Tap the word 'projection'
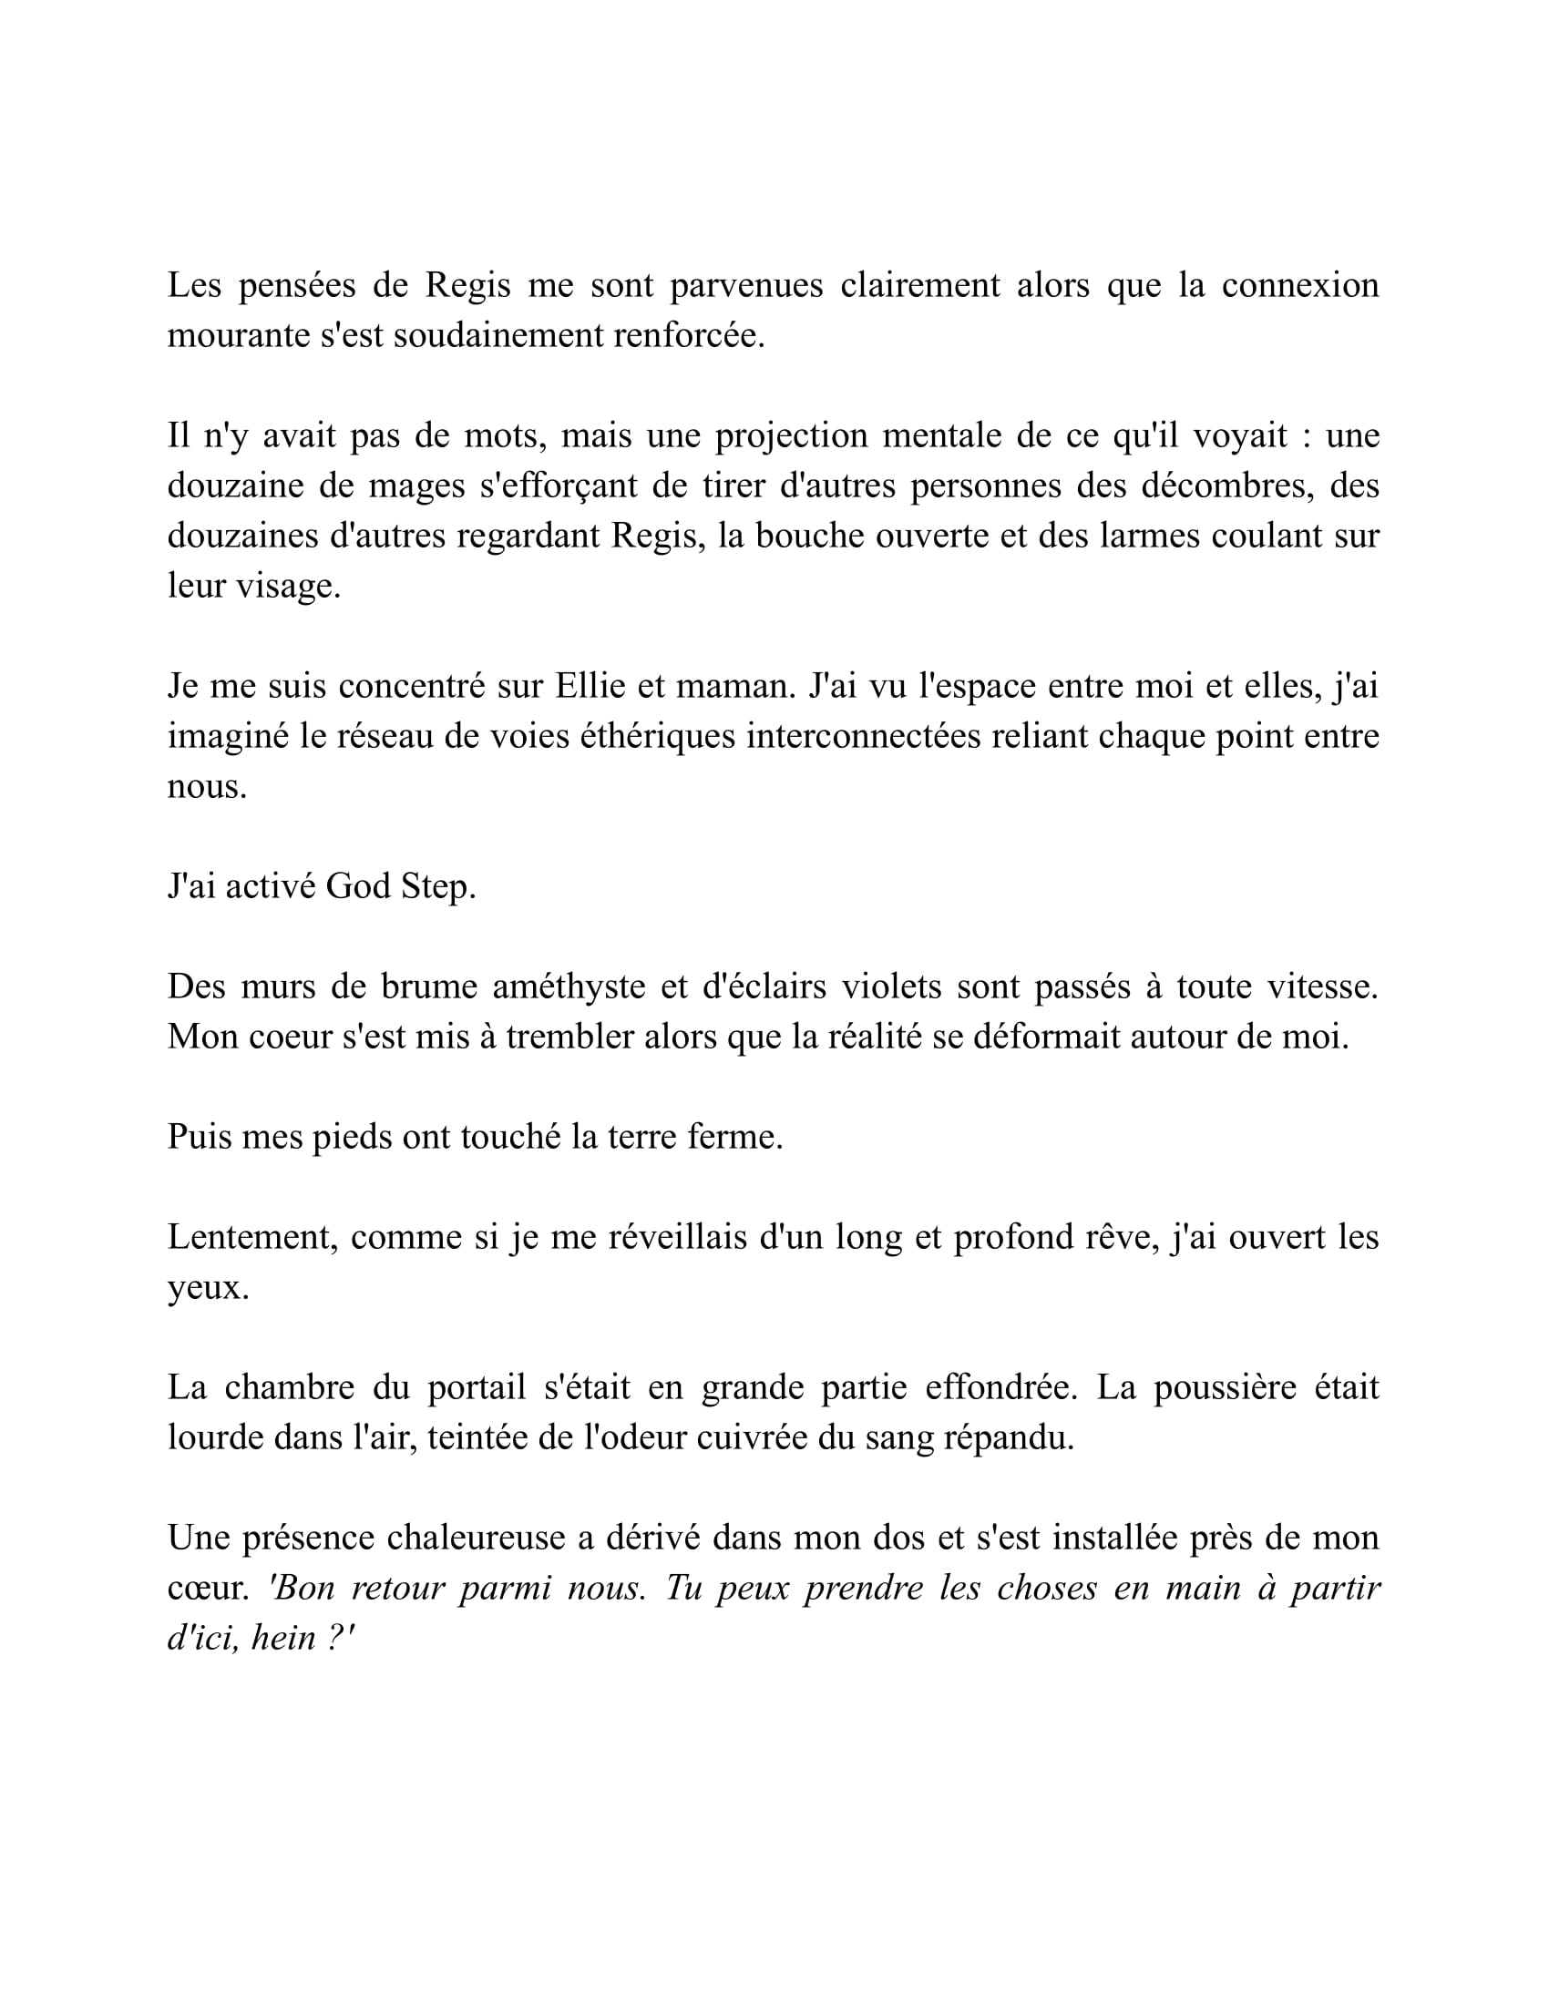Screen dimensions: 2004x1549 click(791, 435)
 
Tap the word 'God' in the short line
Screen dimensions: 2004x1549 click(358, 886)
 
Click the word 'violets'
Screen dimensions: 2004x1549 click(891, 987)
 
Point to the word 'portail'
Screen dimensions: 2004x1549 click(477, 1387)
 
